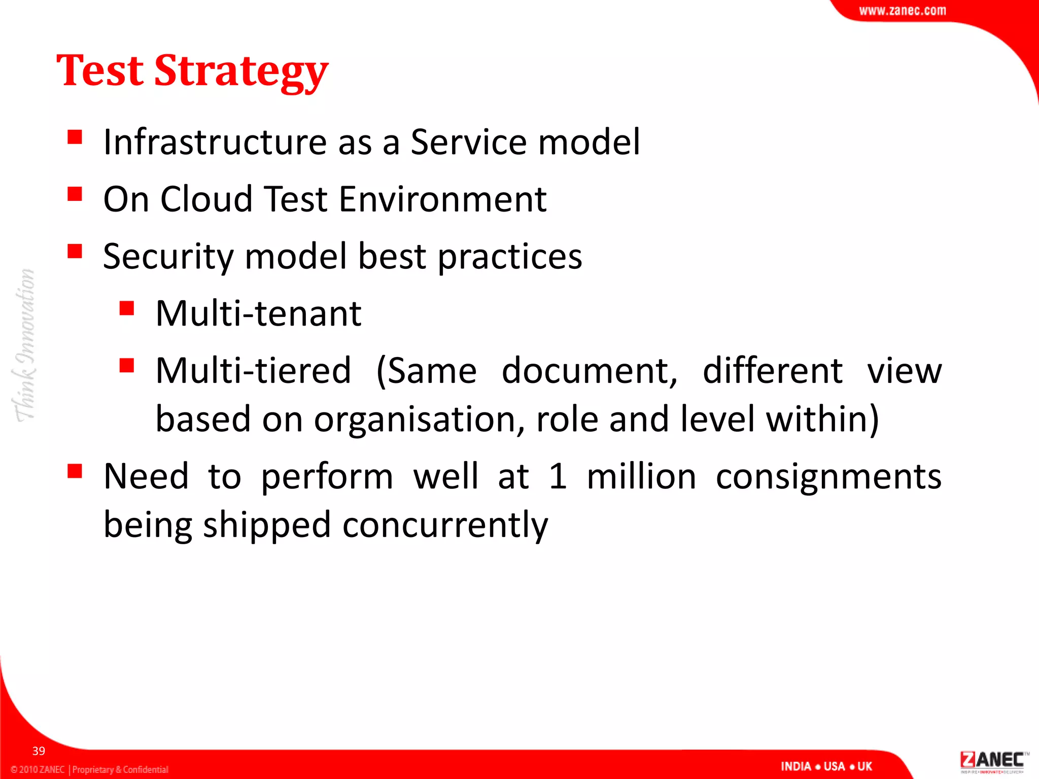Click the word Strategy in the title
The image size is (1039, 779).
[x=241, y=71]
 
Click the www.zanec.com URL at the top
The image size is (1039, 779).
[x=902, y=11]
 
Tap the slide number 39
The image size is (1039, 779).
[x=39, y=751]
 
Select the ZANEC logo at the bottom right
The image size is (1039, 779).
[x=991, y=761]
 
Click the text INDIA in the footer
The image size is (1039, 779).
[x=795, y=766]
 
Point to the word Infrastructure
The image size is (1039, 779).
[x=215, y=142]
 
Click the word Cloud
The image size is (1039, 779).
[x=206, y=199]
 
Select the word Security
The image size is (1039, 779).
[x=168, y=257]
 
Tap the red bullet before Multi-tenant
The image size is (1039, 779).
[x=126, y=308]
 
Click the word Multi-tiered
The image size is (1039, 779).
[x=253, y=371]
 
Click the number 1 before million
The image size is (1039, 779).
[x=558, y=477]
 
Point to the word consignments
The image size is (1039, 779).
[x=828, y=477]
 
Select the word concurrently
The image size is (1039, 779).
[x=445, y=525]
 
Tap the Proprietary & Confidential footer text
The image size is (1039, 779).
[x=120, y=769]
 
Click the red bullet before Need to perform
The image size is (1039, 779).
[x=75, y=471]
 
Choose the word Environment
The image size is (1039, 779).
[x=442, y=199]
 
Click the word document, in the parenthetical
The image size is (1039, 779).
[x=589, y=371]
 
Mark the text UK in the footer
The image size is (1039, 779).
[x=864, y=766]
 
